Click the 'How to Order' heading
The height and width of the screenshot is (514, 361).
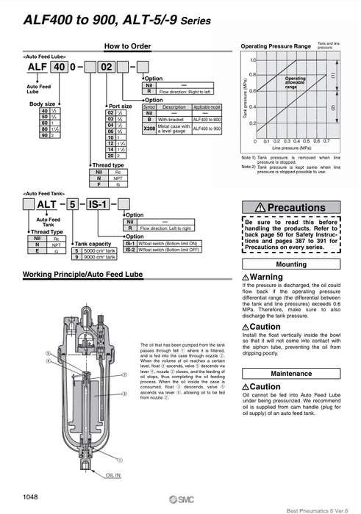pyautogui.click(x=127, y=46)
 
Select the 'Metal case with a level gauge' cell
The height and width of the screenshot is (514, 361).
pyautogui.click(x=173, y=128)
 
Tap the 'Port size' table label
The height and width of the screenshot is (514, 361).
pyautogui.click(x=121, y=106)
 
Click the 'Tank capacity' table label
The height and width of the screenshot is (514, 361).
pyautogui.click(x=93, y=243)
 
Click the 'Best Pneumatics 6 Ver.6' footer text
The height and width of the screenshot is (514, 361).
pyautogui.click(x=317, y=508)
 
